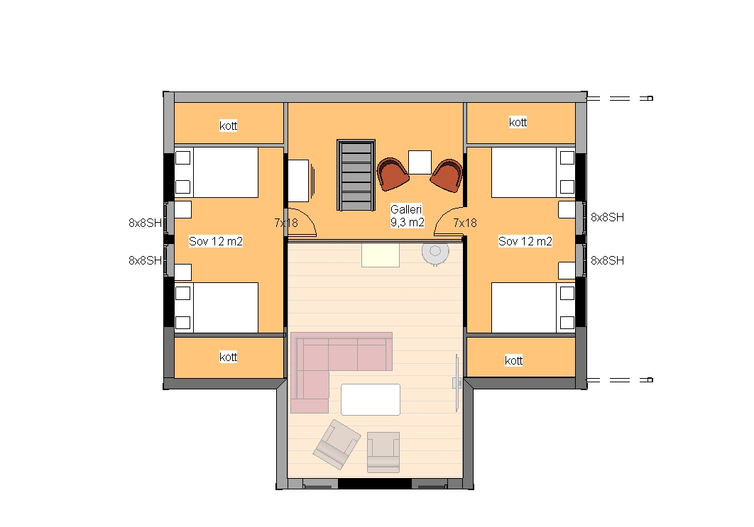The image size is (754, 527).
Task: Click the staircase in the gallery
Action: [x=356, y=175]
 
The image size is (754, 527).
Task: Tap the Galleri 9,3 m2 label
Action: [x=408, y=216]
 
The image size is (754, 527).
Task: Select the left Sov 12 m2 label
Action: [x=215, y=241]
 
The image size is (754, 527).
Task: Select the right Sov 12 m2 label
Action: [x=525, y=241]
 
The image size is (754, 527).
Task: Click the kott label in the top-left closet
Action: [x=229, y=126]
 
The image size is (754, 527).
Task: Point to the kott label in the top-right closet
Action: [x=518, y=123]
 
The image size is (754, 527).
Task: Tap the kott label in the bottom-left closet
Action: [x=229, y=357]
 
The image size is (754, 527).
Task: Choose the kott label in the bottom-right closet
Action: [x=513, y=360]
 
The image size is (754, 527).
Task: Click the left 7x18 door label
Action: [x=286, y=223]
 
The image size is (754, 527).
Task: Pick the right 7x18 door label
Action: [x=465, y=223]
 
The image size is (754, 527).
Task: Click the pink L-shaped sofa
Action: [x=327, y=355]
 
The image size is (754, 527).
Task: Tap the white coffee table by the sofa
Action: [x=371, y=399]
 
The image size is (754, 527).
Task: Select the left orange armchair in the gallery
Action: [x=393, y=174]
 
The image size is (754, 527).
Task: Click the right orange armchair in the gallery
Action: [x=447, y=175]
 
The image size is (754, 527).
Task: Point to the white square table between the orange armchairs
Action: [x=420, y=162]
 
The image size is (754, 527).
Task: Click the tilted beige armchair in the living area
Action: [x=337, y=445]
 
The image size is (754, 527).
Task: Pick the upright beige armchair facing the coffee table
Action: [x=383, y=452]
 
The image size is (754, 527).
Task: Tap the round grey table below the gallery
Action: [x=435, y=253]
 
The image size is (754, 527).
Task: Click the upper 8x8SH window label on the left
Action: [x=146, y=223]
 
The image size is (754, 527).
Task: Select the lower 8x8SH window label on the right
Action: [x=607, y=260]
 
